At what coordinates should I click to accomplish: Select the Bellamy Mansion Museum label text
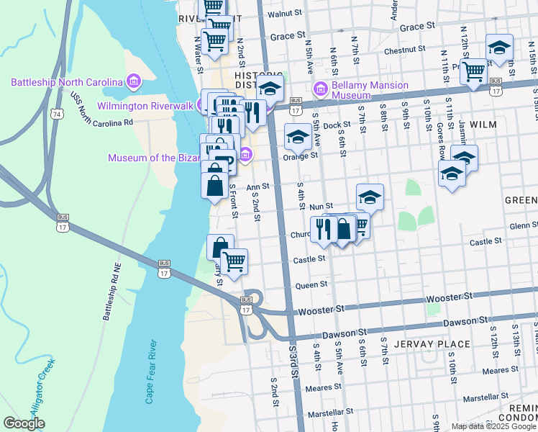370,90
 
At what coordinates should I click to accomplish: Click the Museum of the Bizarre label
172,158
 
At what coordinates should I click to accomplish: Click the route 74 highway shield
58,114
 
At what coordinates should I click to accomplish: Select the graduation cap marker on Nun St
370,196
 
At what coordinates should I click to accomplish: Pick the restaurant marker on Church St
323,228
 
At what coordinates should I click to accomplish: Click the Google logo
24,423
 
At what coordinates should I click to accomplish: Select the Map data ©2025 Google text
493,426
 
